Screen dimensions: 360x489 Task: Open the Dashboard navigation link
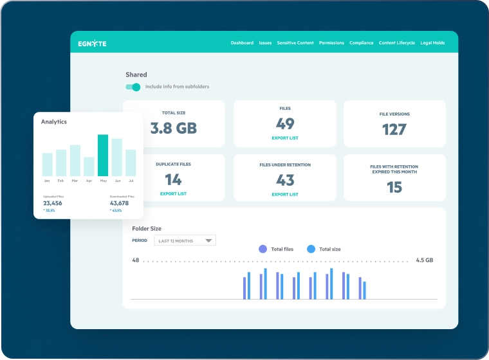click(242, 43)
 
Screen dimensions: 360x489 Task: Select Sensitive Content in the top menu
click(295, 43)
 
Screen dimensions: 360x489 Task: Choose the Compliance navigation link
click(362, 43)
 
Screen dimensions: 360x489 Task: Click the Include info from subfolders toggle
click(133, 87)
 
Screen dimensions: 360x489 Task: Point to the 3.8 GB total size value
click(173, 128)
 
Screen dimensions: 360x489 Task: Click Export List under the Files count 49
click(284, 138)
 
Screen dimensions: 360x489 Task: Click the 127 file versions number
click(394, 129)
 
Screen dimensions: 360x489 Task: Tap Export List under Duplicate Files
click(173, 194)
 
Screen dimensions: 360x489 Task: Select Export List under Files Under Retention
click(284, 194)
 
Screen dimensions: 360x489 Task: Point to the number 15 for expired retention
click(394, 187)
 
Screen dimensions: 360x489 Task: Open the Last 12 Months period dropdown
click(185, 240)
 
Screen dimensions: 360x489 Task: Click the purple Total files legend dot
click(263, 249)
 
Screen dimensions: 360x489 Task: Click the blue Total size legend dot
click(311, 249)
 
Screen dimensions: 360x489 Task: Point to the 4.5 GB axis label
click(424, 260)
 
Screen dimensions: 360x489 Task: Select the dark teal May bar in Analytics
click(103, 155)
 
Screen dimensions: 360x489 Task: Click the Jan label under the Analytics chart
click(47, 181)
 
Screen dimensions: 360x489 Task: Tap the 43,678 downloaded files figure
click(119, 203)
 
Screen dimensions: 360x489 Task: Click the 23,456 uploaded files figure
click(52, 203)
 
